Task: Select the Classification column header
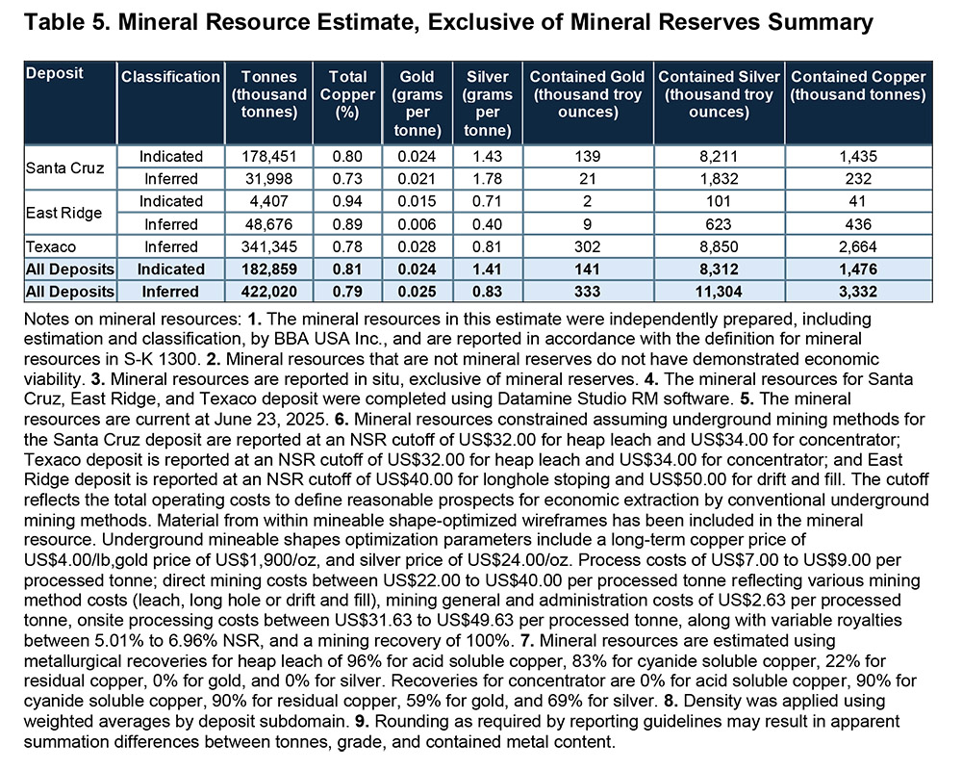(170, 76)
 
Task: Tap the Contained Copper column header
(858, 86)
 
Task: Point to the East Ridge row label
(59, 212)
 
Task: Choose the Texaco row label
(49, 246)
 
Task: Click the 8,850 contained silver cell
(718, 246)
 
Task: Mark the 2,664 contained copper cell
(858, 246)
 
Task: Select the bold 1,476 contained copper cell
(858, 269)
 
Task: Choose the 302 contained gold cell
(587, 246)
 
